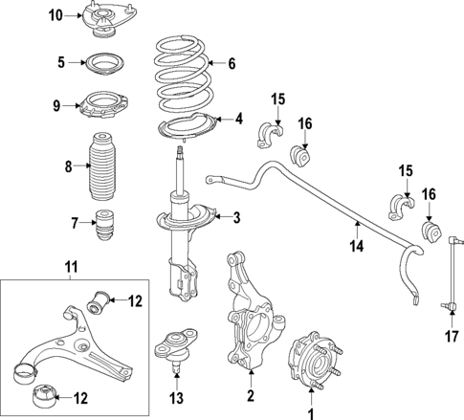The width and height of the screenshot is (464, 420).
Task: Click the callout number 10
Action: click(55, 14)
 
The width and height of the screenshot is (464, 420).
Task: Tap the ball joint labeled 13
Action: click(175, 344)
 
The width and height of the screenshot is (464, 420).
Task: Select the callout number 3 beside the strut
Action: click(236, 218)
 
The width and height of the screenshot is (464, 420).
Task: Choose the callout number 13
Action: click(174, 398)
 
